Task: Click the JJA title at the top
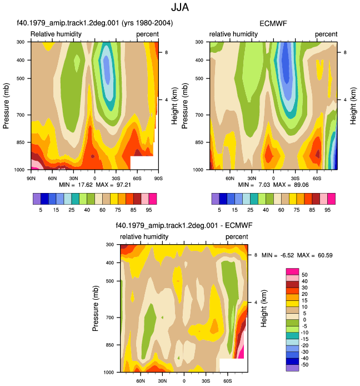[180, 7]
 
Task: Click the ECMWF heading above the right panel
[273, 23]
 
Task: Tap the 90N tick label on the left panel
[31, 178]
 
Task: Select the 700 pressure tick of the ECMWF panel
[200, 115]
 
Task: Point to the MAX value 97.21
[123, 185]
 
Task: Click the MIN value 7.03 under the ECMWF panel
[264, 185]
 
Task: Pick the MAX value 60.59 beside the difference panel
[325, 255]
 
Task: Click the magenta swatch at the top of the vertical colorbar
[292, 271]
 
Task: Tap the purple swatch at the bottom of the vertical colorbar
[292, 368]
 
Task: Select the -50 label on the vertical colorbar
[304, 364]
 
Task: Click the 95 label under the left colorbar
[149, 210]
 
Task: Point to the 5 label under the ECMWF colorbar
[219, 210]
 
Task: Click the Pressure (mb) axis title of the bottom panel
[96, 308]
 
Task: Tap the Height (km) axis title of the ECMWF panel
[353, 106]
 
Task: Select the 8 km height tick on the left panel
[166, 52]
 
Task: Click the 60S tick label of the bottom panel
[227, 381]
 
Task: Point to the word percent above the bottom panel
[237, 237]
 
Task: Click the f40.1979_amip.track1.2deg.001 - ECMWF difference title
[184, 225]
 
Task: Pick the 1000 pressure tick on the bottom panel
[109, 372]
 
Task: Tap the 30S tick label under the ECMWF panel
[295, 178]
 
